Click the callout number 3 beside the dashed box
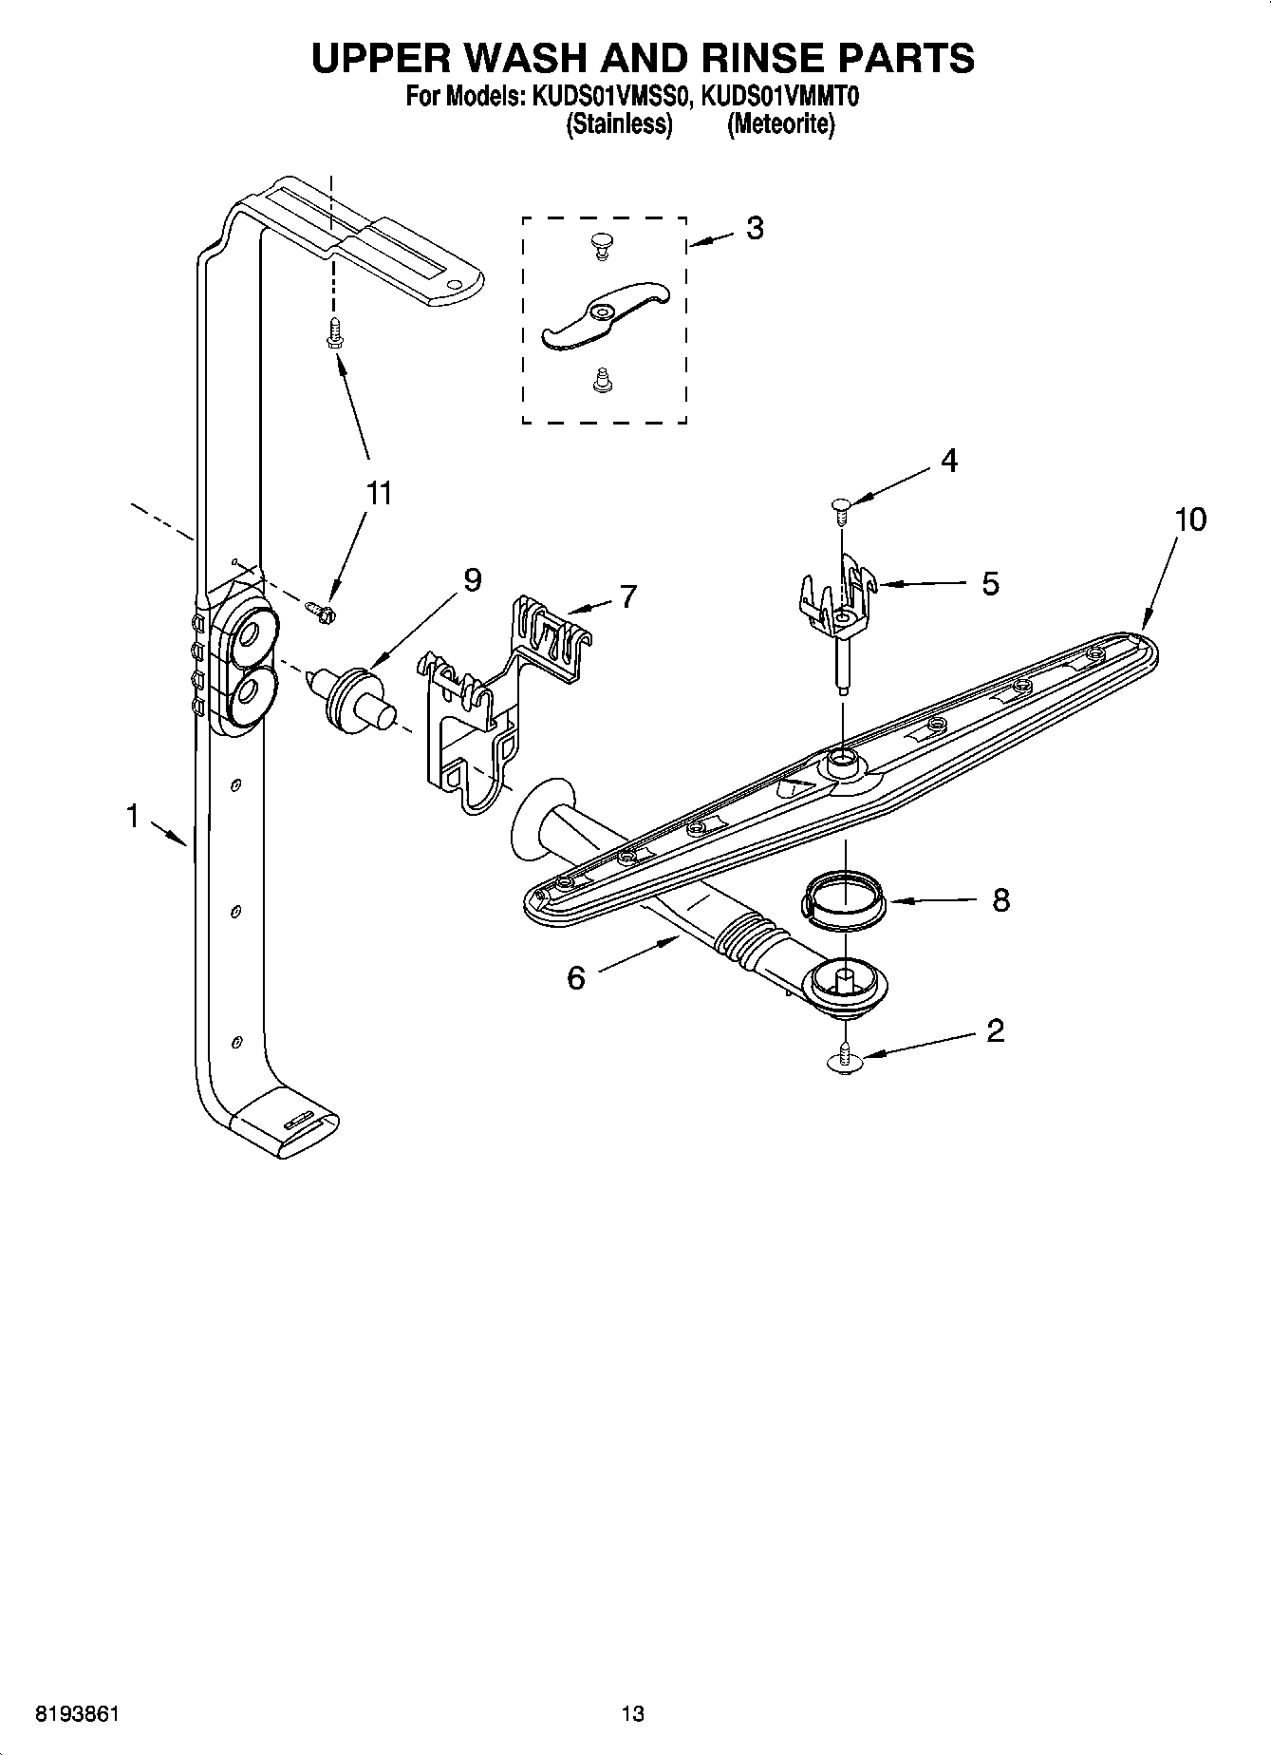pyautogui.click(x=755, y=228)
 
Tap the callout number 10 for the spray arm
pyautogui.click(x=1190, y=519)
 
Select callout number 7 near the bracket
pyautogui.click(x=627, y=595)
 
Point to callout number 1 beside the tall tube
pyautogui.click(x=134, y=815)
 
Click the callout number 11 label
pyautogui.click(x=379, y=494)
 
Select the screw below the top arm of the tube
pyautogui.click(x=333, y=333)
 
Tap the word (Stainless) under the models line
pyautogui.click(x=619, y=124)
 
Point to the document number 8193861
pyautogui.click(x=76, y=1713)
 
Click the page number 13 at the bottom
pyautogui.click(x=632, y=1713)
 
